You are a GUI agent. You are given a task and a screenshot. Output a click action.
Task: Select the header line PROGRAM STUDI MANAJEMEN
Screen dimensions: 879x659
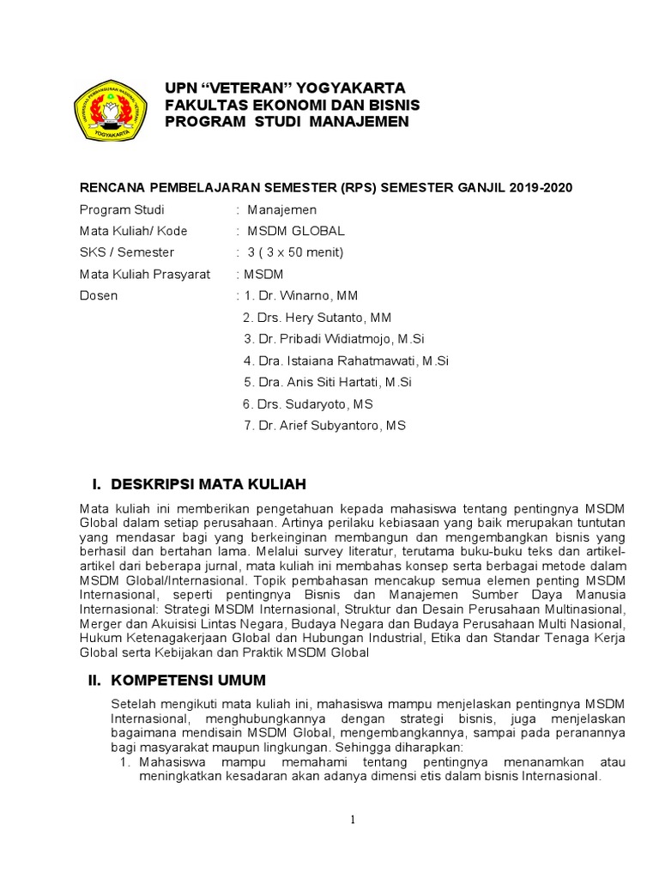pos(287,122)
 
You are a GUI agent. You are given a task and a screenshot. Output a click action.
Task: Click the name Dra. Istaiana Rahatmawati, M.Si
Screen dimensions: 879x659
pos(347,361)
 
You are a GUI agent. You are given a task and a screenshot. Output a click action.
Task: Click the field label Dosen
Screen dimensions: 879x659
pos(99,296)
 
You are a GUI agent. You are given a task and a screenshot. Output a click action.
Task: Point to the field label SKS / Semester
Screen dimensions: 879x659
pos(126,252)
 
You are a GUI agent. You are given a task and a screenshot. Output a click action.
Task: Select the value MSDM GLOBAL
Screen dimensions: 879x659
pos(296,231)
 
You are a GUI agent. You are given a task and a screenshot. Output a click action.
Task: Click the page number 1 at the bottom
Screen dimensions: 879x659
pos(353,820)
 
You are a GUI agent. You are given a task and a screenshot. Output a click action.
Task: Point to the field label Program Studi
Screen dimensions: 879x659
pos(122,209)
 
